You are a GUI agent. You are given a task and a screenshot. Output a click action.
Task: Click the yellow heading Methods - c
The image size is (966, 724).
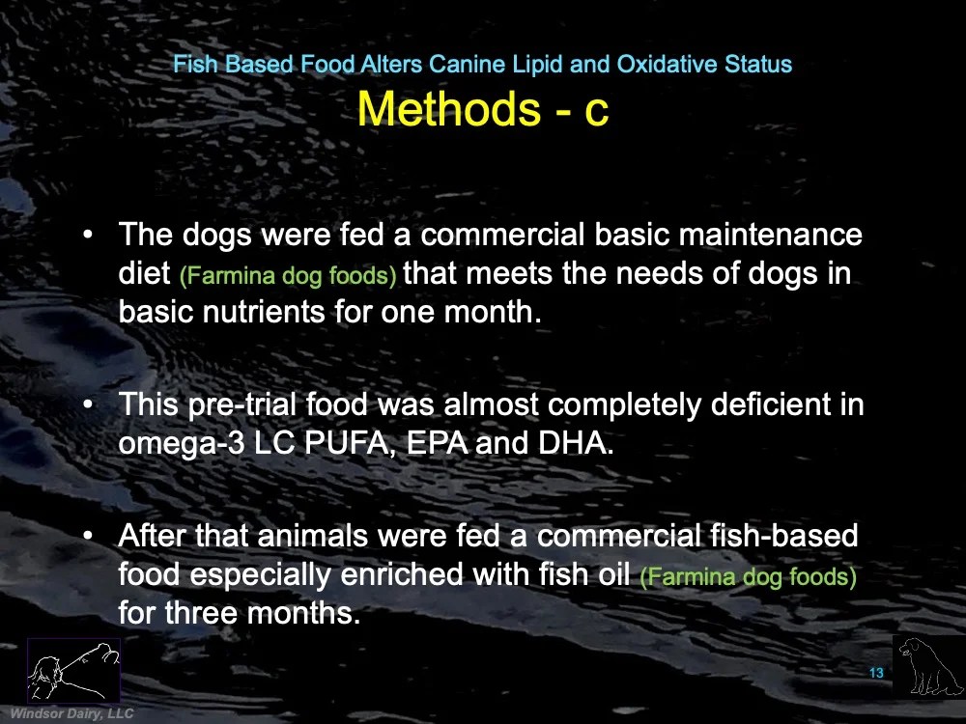pyautogui.click(x=483, y=108)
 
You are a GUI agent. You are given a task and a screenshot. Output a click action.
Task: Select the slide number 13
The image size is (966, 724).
pyautogui.click(x=876, y=673)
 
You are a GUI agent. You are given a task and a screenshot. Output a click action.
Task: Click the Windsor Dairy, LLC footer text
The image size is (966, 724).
pyautogui.click(x=71, y=713)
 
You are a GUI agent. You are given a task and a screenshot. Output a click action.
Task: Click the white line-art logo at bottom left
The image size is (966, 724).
pyautogui.click(x=73, y=670)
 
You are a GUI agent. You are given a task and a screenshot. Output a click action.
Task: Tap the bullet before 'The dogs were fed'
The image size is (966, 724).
pyautogui.click(x=88, y=235)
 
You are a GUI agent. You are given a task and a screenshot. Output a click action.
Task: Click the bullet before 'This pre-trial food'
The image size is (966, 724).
pyautogui.click(x=88, y=404)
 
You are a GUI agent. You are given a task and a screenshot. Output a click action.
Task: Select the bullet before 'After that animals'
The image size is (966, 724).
pyautogui.click(x=88, y=535)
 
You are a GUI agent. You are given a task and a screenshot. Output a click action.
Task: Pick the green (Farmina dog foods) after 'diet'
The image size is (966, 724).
pyautogui.click(x=288, y=275)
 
